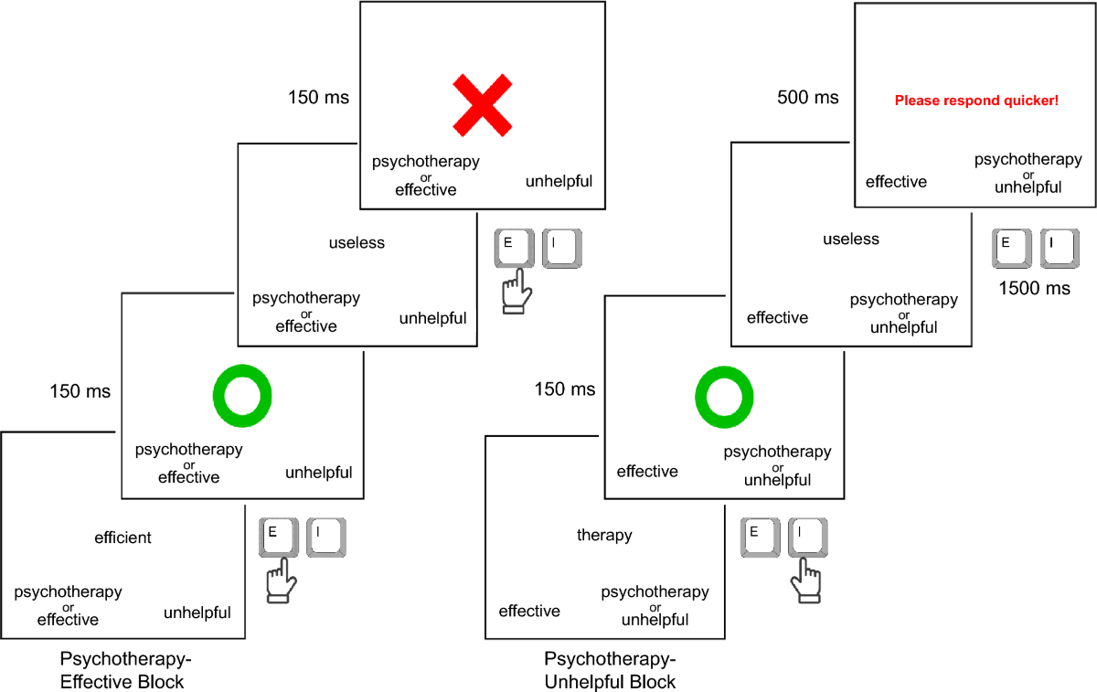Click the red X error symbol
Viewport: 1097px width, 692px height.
483,105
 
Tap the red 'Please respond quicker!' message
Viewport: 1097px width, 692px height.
976,101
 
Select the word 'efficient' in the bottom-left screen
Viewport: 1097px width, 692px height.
122,538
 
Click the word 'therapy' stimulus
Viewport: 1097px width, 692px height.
604,535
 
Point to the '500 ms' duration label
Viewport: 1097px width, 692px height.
807,97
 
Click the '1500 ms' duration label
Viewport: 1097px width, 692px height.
1034,288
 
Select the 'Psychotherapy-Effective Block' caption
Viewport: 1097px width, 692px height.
125,670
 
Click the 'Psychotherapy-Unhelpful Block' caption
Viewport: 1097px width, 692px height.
610,670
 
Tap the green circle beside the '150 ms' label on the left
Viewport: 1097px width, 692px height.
242,367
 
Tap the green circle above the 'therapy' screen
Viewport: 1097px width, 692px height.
724,369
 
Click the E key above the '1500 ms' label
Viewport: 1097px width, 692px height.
1011,249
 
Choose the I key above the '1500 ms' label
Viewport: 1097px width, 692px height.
1060,249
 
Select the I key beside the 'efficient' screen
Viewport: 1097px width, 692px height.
326,538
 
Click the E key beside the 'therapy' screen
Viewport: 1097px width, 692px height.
760,538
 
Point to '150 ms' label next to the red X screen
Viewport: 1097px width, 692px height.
318,97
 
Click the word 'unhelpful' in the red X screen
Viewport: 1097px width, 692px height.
559,181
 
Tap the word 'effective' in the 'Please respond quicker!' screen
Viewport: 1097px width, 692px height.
896,182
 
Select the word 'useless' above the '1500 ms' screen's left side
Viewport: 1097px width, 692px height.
851,239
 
